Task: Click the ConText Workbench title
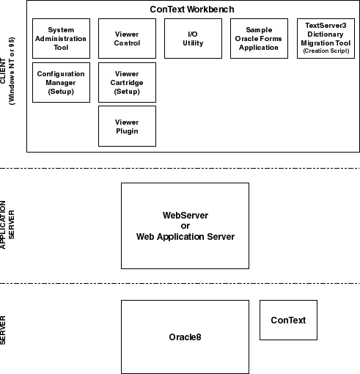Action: pos(192,10)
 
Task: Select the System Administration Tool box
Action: pos(61,38)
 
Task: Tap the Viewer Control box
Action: pos(127,38)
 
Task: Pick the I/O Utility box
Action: pos(193,38)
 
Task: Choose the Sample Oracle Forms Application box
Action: pos(259,38)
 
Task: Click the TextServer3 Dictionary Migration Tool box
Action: pos(326,38)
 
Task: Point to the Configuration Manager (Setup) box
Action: pos(61,82)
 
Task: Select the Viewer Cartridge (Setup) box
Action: pos(127,82)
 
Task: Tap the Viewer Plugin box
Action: pos(127,126)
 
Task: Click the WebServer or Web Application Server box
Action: pos(185,226)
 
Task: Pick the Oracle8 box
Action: pos(185,337)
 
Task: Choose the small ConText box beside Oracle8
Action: pos(288,320)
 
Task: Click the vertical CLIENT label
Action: pos(3,71)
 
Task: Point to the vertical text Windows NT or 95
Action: pos(12,71)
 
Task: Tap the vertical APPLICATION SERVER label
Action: pos(7,224)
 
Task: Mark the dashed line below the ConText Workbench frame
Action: pos(180,168)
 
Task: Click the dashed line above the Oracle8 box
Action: pos(180,283)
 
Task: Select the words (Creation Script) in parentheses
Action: pos(326,51)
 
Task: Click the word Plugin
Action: pos(127,131)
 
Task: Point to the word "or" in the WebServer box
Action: pos(185,226)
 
